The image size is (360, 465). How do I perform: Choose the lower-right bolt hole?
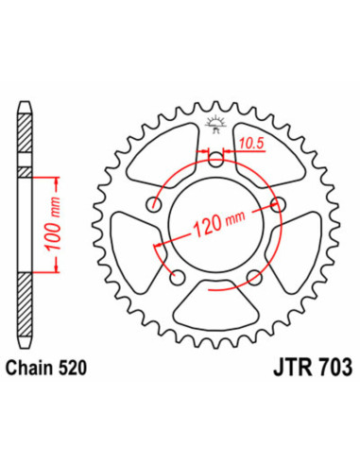click(x=254, y=277)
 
